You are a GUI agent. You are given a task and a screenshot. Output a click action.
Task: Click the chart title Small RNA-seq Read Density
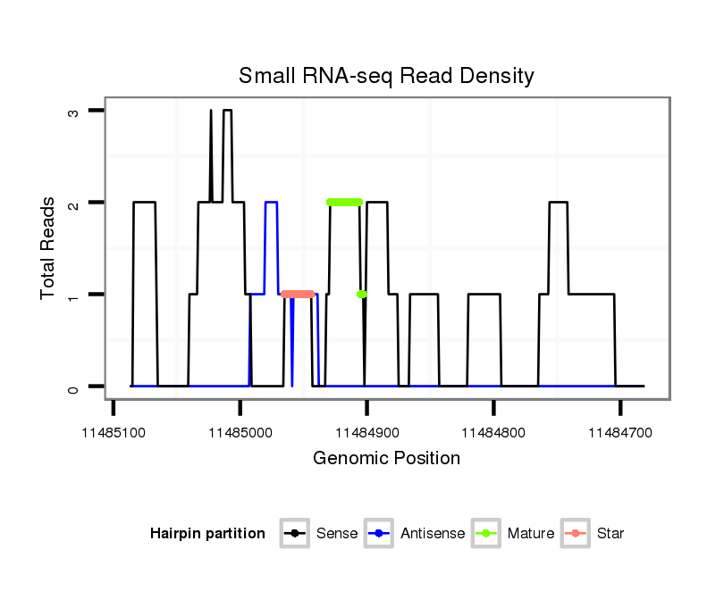point(386,76)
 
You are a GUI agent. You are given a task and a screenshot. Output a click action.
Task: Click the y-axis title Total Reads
point(48,248)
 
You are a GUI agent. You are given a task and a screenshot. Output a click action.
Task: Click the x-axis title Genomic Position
point(386,459)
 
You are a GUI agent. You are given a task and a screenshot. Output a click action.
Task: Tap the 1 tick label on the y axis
point(73,295)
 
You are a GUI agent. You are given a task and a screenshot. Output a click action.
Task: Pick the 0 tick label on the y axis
point(73,387)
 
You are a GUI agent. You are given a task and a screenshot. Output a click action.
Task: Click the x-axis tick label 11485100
point(114,432)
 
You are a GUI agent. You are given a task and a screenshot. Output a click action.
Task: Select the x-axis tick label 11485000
point(240,432)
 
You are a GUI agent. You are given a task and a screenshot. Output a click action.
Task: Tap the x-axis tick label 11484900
point(367,432)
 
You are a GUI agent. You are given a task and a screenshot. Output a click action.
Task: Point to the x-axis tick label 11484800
point(494,432)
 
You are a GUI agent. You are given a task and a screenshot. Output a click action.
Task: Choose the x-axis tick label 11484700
point(621,432)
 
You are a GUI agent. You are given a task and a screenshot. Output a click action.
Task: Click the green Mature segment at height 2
point(344,202)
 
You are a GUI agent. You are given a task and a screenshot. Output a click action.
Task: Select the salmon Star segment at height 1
point(298,294)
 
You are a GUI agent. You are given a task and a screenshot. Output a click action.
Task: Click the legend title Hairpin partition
point(207,534)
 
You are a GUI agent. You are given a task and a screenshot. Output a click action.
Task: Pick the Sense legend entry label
point(337,534)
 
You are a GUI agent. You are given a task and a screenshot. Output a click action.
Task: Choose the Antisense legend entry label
point(433,534)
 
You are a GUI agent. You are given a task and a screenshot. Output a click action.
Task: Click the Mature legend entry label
point(530,534)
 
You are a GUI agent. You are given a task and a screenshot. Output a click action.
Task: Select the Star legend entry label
point(610,534)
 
